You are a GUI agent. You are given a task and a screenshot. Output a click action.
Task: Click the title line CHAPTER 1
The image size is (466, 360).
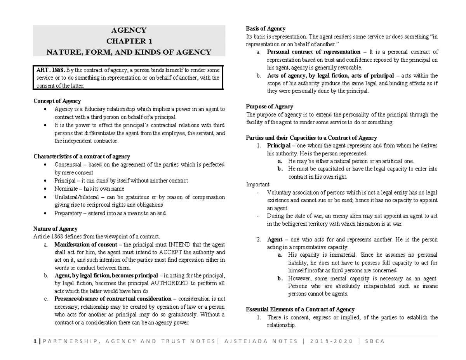coord(129,41)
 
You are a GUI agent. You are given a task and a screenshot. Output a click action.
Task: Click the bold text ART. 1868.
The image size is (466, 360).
coord(49,70)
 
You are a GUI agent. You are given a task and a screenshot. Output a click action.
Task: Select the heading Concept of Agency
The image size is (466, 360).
coord(57,101)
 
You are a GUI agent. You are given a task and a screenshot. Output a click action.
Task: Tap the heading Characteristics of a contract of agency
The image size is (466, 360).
coord(82,157)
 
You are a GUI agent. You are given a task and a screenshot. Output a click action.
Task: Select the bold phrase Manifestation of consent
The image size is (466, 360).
coord(85,245)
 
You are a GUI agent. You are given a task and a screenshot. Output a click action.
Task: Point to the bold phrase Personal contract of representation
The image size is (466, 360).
coord(314,52)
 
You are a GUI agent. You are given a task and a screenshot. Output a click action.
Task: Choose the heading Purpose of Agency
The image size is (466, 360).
coord(270,106)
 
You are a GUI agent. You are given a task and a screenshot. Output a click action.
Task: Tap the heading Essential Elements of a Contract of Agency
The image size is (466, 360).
coord(300,310)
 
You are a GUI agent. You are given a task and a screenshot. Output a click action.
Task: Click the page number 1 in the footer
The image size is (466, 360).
coord(35,341)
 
